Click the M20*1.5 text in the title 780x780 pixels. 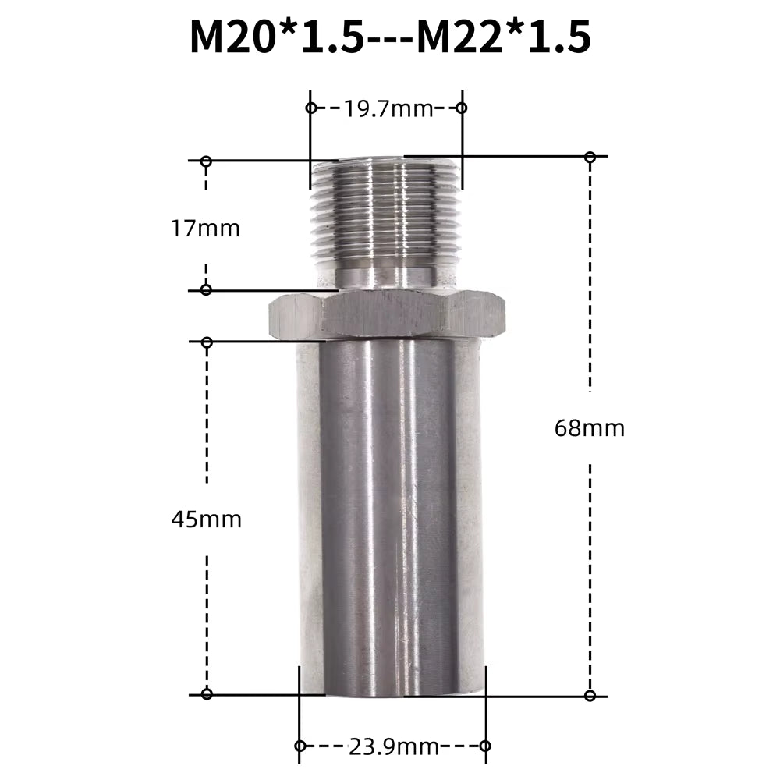276,37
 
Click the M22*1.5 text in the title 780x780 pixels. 503,37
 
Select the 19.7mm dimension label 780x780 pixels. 388,108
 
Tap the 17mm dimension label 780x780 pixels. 205,229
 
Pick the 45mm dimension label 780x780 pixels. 206,519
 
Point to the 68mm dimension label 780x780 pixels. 590,427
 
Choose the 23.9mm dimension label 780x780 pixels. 393,746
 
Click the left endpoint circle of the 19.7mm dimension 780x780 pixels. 310,108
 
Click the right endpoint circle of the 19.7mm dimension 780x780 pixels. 461,108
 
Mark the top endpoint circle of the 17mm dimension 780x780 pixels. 206,161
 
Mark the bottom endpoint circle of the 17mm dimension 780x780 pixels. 206,290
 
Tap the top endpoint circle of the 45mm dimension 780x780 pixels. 207,342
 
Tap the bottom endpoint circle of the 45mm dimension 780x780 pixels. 207,693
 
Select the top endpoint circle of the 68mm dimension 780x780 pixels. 590,158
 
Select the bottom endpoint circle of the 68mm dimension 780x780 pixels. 590,695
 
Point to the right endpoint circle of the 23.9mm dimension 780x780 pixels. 484,746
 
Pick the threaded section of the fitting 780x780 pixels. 386,211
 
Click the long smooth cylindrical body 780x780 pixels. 390,515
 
